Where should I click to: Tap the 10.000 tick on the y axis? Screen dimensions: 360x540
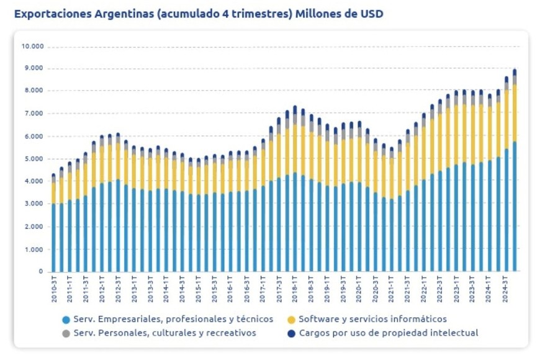coord(32,47)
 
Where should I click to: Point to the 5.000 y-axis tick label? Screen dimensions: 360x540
coord(34,159)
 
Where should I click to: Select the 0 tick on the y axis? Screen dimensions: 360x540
coord(41,272)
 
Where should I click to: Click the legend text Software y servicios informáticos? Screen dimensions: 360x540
coord(372,319)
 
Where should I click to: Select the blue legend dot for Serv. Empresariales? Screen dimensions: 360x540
coord(65,320)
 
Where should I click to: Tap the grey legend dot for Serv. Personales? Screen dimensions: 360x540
coord(65,333)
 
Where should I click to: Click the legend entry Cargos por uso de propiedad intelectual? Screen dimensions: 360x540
coord(389,333)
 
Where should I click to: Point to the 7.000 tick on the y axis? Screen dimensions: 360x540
coord(34,114)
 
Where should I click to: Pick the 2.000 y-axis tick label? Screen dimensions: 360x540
coord(34,227)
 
